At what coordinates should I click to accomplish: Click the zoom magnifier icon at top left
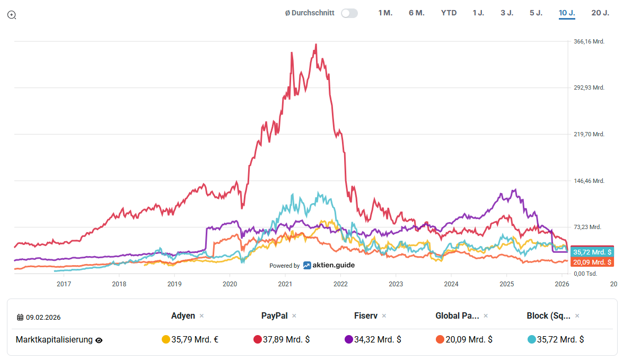(12, 15)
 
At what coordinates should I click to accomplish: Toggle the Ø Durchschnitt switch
(349, 13)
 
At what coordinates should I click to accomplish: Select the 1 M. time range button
(385, 13)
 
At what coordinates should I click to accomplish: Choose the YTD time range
(449, 13)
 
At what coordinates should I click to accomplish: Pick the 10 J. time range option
(567, 13)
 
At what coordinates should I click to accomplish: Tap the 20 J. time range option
(600, 13)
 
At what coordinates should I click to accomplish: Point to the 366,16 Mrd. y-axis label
(589, 41)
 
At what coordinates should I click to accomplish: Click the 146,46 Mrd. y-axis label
(589, 181)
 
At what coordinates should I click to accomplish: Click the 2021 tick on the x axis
(285, 284)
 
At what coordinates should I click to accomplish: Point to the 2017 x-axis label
(64, 284)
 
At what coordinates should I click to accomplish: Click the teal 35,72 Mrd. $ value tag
(592, 252)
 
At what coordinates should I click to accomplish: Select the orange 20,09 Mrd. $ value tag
(592, 262)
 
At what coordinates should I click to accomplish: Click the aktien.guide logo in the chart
(329, 265)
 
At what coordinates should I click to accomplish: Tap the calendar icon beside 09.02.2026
(20, 318)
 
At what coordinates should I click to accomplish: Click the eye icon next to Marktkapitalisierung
(99, 340)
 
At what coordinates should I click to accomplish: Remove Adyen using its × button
(201, 316)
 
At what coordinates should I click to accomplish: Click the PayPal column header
(274, 316)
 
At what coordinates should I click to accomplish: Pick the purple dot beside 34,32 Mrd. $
(349, 340)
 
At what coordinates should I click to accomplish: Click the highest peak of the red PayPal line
(316, 45)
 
